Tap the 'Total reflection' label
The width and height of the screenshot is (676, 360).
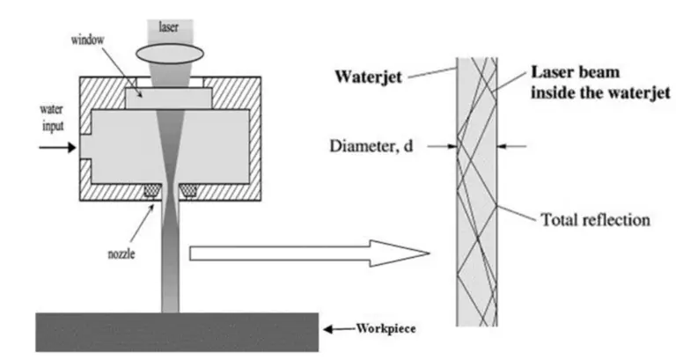(594, 219)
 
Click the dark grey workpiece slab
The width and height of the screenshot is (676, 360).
(176, 331)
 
